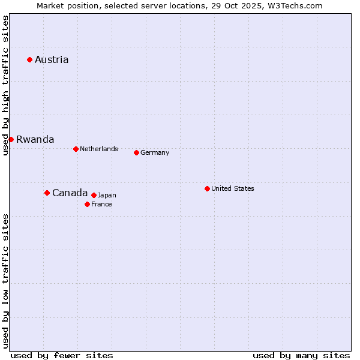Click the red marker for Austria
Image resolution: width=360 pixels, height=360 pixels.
[29, 59]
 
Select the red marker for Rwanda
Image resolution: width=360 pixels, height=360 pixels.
[11, 139]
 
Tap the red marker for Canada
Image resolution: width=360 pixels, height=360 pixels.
[47, 193]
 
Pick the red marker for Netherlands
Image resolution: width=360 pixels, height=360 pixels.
[76, 149]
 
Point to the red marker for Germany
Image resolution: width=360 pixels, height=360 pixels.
[136, 152]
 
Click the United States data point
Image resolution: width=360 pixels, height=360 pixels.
[207, 188]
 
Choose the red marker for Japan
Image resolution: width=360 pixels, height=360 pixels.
[94, 195]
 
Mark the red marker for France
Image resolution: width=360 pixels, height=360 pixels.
[87, 204]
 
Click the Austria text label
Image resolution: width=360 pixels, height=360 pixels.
[52, 59]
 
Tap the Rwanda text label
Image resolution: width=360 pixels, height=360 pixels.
[35, 139]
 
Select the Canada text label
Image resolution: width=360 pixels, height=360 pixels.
[70, 193]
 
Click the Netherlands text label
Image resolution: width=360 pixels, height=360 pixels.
[99, 149]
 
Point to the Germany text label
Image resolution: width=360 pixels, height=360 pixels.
[155, 152]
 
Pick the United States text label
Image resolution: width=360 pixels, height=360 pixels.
[233, 188]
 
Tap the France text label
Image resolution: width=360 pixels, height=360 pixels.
[101, 204]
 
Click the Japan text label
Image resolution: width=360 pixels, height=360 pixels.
[107, 195]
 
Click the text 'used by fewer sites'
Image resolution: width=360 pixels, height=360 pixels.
[62, 355]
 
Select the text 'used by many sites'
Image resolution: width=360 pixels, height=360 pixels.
[301, 355]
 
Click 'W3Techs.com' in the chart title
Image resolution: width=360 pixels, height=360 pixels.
[295, 5]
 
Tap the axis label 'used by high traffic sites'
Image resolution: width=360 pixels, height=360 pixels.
[5, 85]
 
